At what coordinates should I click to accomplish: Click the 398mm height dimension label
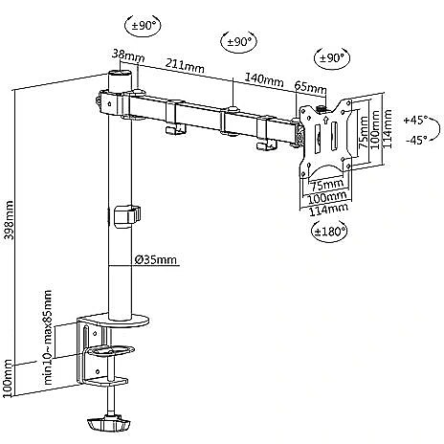(x=9, y=220)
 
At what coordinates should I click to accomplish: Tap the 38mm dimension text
(x=128, y=55)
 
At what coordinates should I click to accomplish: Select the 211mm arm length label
(x=185, y=66)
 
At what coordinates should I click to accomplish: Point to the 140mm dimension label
(x=264, y=79)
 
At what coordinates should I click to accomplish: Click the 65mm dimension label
(x=310, y=87)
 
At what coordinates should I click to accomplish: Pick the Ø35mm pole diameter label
(x=155, y=260)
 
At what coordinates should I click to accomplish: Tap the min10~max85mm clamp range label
(x=48, y=337)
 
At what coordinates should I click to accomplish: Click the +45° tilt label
(x=415, y=121)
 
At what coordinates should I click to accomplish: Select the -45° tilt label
(x=416, y=140)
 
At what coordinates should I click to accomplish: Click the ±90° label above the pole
(x=144, y=26)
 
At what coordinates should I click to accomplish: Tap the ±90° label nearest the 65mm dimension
(x=332, y=58)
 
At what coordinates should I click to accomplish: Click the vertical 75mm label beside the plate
(x=364, y=132)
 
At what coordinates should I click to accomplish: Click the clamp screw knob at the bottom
(x=108, y=423)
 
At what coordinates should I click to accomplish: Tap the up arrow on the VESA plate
(x=325, y=121)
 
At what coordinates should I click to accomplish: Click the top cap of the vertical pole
(x=120, y=74)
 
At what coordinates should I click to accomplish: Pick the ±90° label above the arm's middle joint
(x=239, y=42)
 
